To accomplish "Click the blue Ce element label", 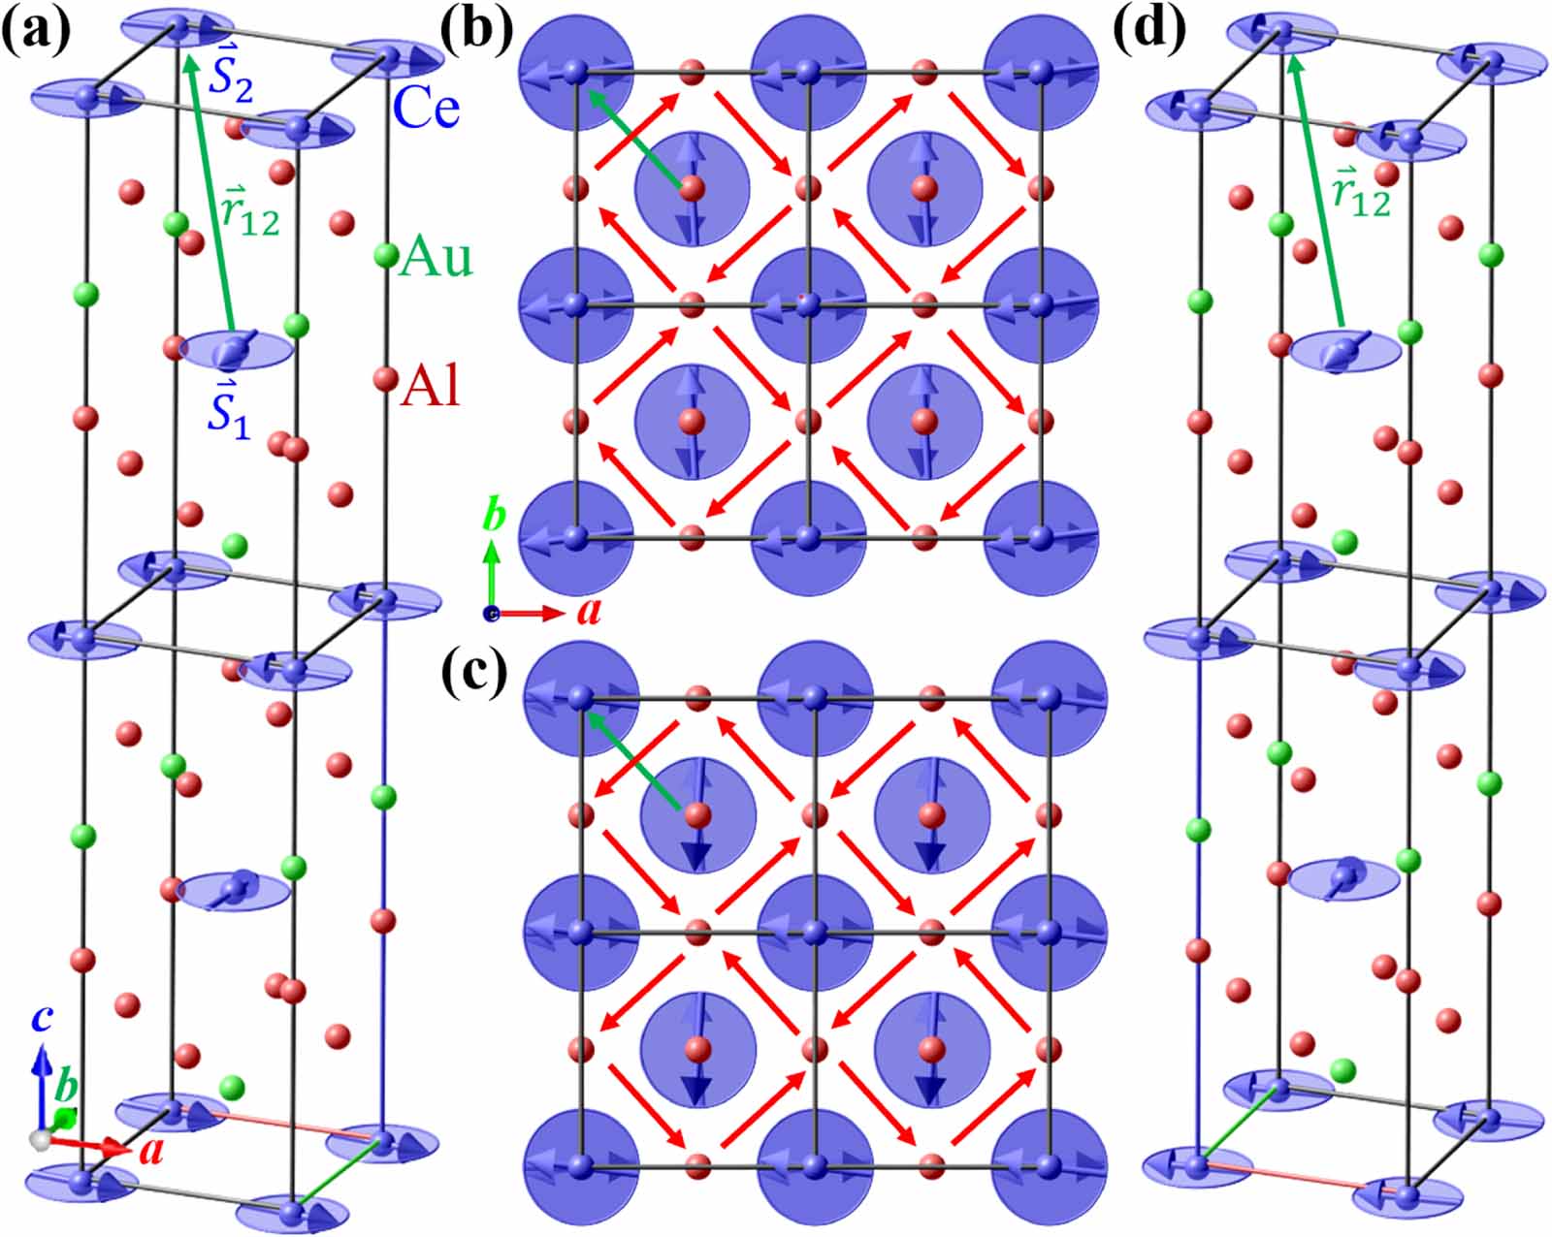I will (427, 109).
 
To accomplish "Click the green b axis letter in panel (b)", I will (495, 518).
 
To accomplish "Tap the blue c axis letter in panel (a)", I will (41, 1018).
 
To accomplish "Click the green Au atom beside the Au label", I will (385, 256).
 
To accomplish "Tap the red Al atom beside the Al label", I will (384, 377).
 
